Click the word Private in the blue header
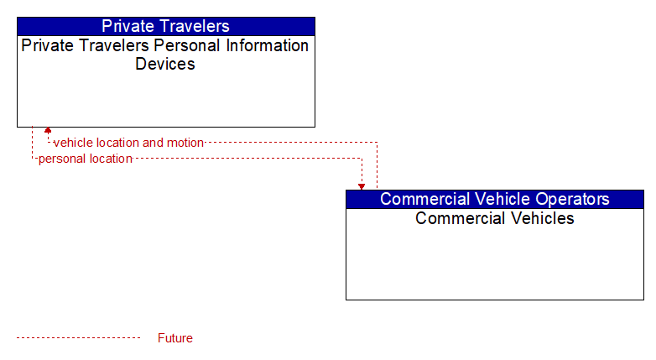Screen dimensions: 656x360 pos(122,26)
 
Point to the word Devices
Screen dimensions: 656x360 pos(165,64)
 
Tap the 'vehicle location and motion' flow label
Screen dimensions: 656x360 pos(128,143)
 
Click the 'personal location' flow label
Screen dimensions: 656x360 pos(86,159)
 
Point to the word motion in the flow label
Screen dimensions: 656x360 pos(185,143)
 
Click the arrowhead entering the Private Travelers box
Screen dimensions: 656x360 pos(48,130)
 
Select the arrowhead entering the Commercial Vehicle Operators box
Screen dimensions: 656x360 pos(362,186)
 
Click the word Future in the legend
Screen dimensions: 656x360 pos(175,338)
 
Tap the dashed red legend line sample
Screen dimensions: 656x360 pos(79,337)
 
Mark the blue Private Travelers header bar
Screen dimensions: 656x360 pos(166,26)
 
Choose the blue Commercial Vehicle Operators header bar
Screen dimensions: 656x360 pos(495,199)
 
